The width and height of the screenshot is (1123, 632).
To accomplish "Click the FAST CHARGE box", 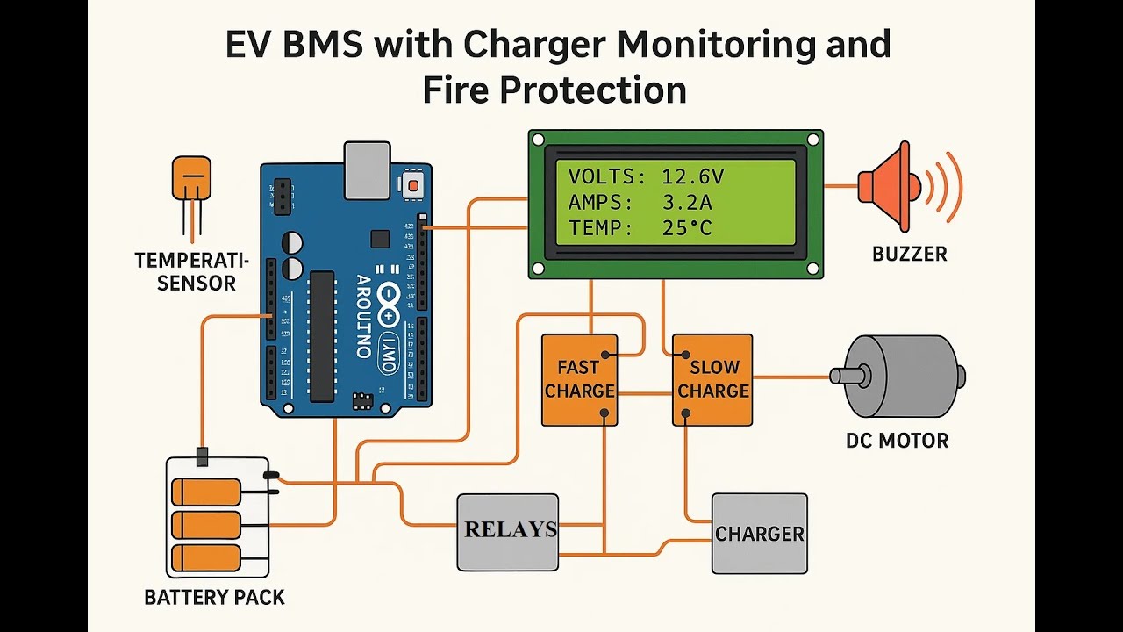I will pos(579,380).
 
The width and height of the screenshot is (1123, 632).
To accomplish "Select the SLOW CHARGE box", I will pos(712,380).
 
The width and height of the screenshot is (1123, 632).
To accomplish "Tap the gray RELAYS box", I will pos(508,531).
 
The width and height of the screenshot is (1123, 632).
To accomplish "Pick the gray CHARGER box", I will pos(759,534).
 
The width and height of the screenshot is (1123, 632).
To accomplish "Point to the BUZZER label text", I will pos(909,255).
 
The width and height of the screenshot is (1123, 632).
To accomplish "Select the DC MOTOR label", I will pos(897,441).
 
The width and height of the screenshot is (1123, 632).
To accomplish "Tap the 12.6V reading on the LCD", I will pos(692,176).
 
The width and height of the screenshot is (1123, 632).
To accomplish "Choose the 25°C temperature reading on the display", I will pos(687,229).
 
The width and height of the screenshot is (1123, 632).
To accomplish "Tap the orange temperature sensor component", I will pos(191,178).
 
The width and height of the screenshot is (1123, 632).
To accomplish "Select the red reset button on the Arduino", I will pos(411,185).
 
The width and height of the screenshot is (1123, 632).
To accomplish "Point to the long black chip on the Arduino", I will pos(322,334).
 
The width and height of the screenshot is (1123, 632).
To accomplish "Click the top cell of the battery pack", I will pos(207,492).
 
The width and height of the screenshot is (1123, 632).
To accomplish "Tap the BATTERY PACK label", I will pos(214,598).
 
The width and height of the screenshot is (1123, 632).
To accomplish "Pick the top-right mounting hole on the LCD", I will pos(812,140).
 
